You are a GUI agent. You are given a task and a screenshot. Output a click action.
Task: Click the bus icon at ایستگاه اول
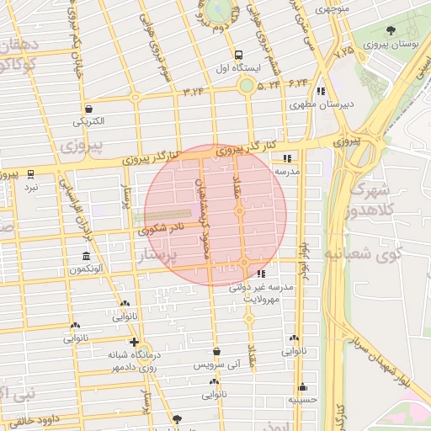coord(240,52)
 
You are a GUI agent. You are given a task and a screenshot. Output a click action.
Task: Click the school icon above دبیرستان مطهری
coord(320,91)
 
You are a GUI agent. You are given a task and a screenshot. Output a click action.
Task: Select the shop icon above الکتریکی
coord(89,107)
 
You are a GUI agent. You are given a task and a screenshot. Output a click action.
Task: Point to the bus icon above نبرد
coord(32,174)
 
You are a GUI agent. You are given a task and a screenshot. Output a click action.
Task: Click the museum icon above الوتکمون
coord(86,256)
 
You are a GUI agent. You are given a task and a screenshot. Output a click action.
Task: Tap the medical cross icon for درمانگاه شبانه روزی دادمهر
coord(133,342)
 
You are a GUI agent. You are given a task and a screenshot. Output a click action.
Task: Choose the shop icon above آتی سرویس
coord(216,352)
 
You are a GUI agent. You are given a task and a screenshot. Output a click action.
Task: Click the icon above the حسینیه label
coord(302,387)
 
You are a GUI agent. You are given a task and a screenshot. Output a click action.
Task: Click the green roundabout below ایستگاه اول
coord(246,85)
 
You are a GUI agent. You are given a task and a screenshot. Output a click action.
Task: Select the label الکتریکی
coord(89,121)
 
